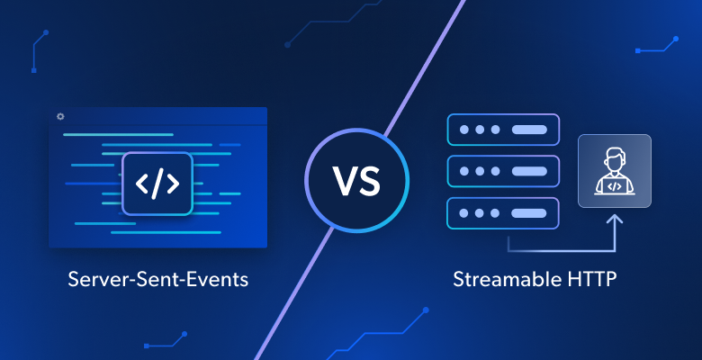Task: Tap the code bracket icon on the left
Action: click(157, 184)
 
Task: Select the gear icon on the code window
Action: click(60, 117)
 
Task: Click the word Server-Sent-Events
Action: click(158, 279)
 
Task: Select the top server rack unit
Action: click(503, 130)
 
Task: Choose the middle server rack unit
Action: click(503, 171)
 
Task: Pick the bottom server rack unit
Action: click(503, 213)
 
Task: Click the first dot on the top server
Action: click(464, 130)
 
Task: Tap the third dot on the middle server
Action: click(495, 171)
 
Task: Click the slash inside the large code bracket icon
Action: click(157, 184)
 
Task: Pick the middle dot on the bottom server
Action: click(480, 213)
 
